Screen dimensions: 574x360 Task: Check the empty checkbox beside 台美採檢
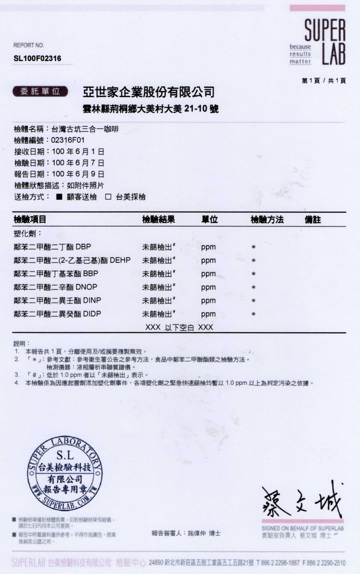[x=108, y=197]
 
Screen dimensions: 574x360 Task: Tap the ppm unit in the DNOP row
[x=208, y=288]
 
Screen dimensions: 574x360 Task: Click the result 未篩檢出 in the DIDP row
[x=159, y=314]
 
